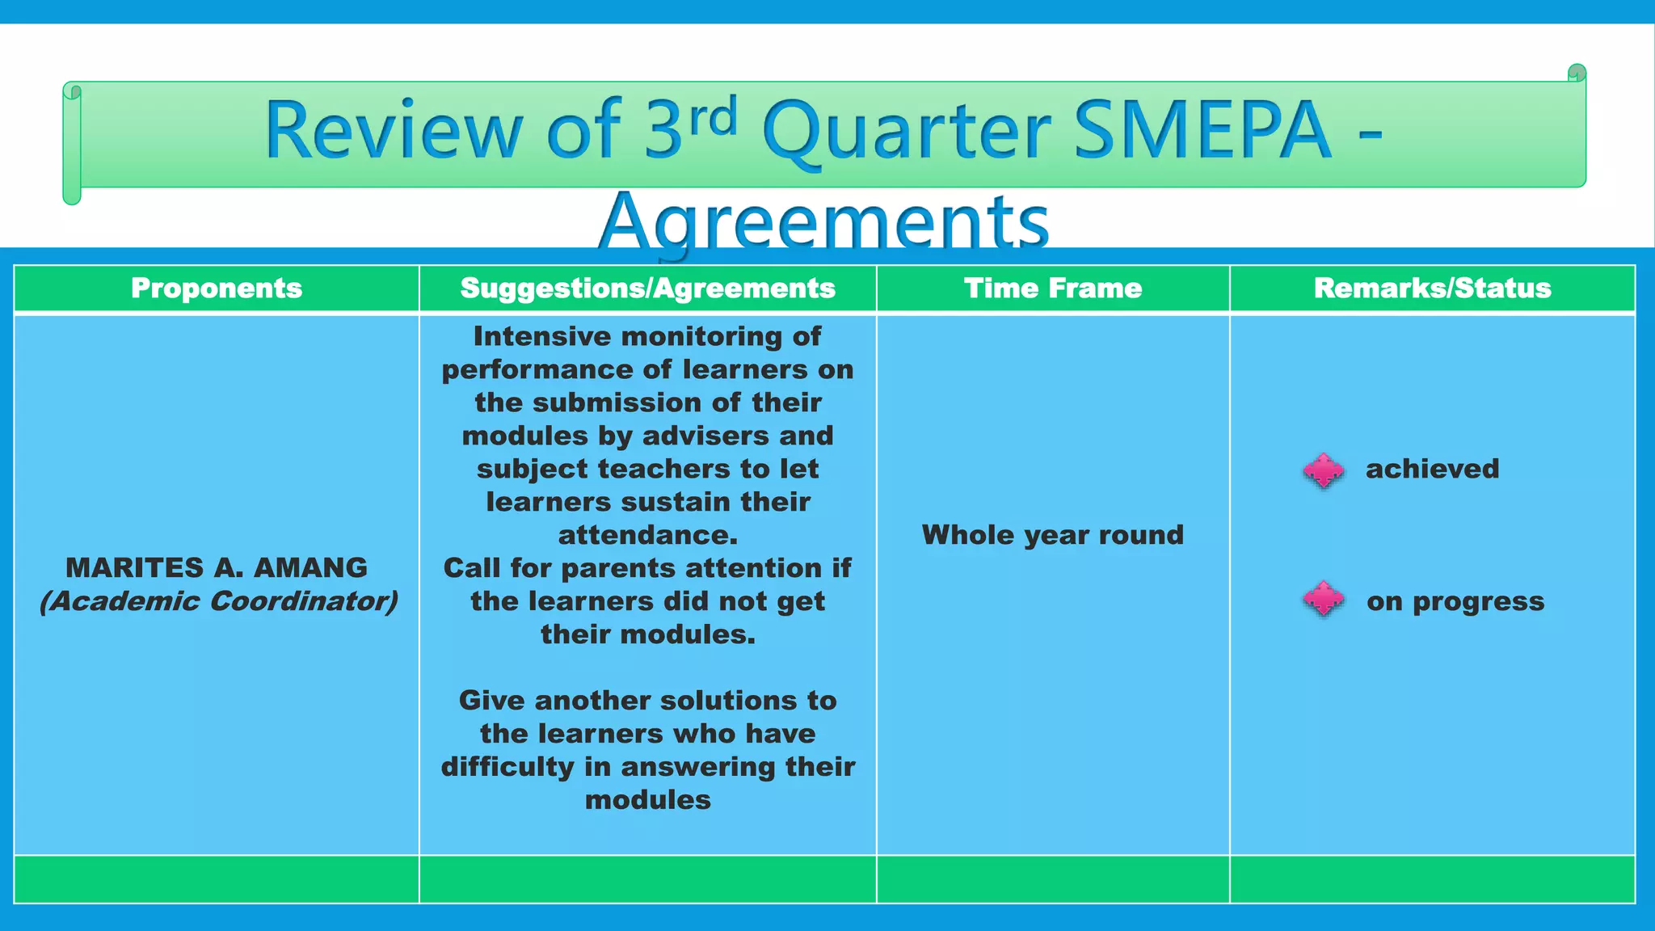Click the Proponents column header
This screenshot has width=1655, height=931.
[217, 289]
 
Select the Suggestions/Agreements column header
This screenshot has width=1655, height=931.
[647, 289]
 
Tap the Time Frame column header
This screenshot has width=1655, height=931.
[1053, 289]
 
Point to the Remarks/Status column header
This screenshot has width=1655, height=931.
[1432, 289]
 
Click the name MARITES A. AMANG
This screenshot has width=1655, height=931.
[217, 568]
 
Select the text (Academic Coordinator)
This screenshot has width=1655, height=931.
[218, 601]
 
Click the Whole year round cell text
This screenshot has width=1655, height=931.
[1052, 535]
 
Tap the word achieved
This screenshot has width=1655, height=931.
[1432, 469]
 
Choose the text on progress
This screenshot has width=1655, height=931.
[1455, 601]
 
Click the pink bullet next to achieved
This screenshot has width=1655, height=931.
[1323, 470]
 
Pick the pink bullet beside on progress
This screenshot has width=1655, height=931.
[1323, 599]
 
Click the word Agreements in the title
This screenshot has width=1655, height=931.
[823, 222]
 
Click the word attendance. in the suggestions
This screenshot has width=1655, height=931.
[647, 535]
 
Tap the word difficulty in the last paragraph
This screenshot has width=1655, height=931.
[507, 766]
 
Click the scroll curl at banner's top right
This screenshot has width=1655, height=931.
[1576, 74]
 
